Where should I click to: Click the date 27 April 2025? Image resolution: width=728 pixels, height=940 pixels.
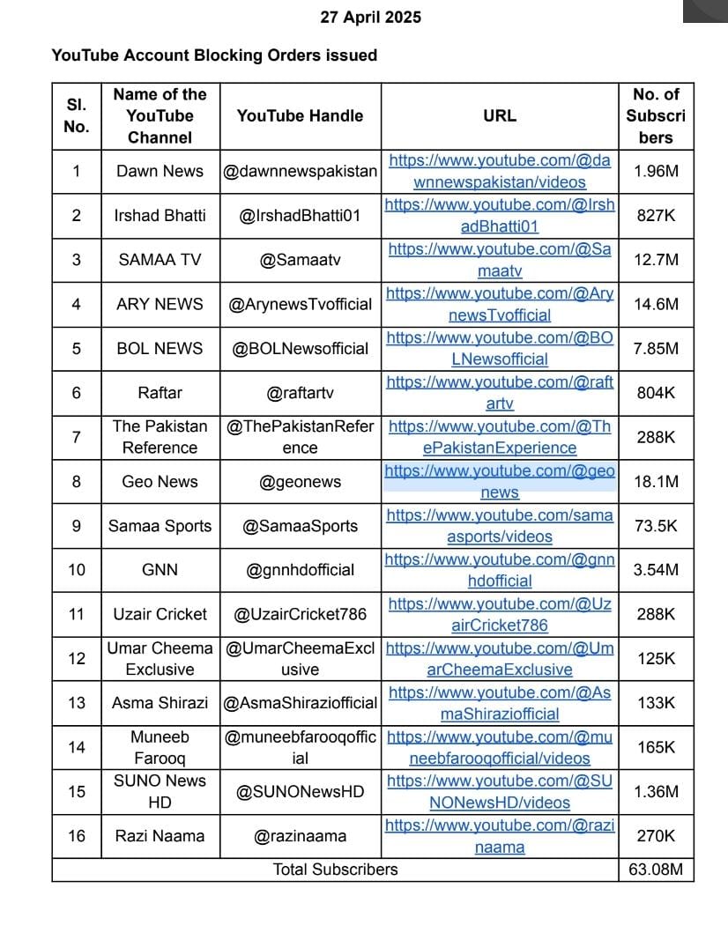click(370, 18)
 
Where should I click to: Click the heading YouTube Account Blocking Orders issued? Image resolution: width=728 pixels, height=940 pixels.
click(214, 56)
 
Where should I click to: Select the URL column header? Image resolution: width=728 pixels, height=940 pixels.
click(500, 115)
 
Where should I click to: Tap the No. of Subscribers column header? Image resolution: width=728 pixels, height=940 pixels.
click(656, 115)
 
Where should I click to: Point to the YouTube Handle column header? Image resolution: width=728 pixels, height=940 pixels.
click(300, 115)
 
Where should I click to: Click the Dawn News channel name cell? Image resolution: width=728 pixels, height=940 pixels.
click(160, 172)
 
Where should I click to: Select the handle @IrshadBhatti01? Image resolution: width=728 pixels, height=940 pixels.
click(300, 216)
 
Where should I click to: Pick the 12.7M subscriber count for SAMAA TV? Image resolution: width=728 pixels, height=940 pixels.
click(656, 260)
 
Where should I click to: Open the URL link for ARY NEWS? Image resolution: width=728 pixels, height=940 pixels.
click(500, 304)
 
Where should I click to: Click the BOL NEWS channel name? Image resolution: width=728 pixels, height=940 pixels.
click(160, 349)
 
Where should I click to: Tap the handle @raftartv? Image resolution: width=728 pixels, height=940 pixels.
click(300, 393)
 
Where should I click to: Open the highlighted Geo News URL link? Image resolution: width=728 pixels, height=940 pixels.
click(500, 481)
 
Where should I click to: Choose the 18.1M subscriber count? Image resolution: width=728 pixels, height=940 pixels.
click(656, 482)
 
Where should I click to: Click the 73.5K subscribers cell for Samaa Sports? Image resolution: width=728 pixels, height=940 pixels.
click(656, 526)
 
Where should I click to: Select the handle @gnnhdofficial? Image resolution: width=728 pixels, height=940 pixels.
click(300, 570)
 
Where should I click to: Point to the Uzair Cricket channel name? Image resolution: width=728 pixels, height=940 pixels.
click(160, 614)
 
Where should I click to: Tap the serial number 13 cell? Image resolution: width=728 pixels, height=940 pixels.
click(77, 703)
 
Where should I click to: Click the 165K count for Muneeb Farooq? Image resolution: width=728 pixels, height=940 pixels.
click(656, 747)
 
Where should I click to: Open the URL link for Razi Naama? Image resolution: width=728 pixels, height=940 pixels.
click(500, 836)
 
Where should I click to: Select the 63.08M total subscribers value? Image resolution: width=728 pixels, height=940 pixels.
click(656, 870)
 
